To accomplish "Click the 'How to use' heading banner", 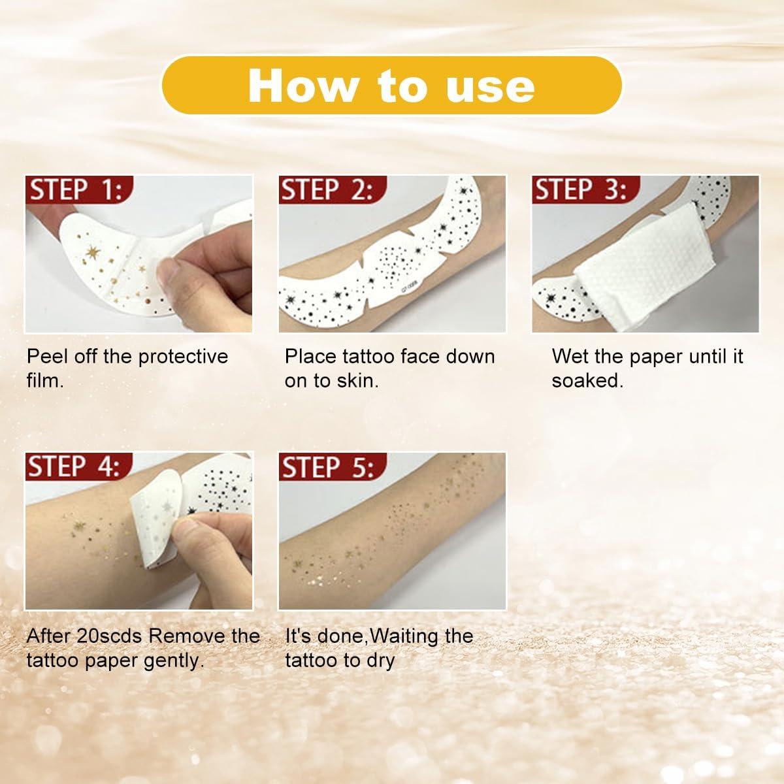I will coord(391,86).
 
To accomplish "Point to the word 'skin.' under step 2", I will coord(358,381).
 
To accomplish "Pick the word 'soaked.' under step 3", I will coord(587,381).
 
